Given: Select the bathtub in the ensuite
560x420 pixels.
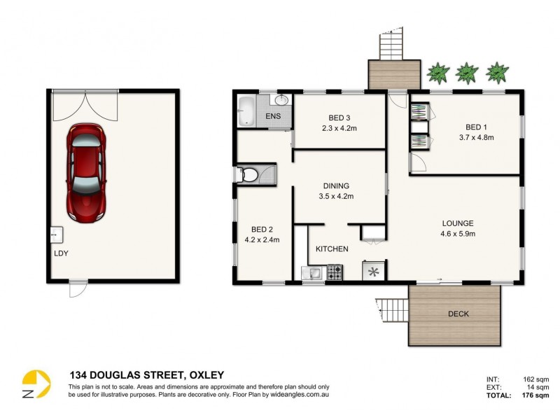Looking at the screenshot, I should click(247, 112).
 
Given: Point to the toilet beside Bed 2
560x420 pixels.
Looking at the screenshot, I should click(247, 174).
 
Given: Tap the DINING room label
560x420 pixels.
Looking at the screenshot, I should click(336, 186).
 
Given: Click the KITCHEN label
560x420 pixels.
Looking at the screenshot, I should click(332, 249).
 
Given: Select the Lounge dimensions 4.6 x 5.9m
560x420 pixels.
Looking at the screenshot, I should click(458, 234).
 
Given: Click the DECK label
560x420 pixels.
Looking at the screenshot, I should click(458, 314).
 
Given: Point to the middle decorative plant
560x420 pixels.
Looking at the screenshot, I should click(466, 72).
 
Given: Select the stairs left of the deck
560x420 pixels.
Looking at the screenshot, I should click(392, 310).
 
